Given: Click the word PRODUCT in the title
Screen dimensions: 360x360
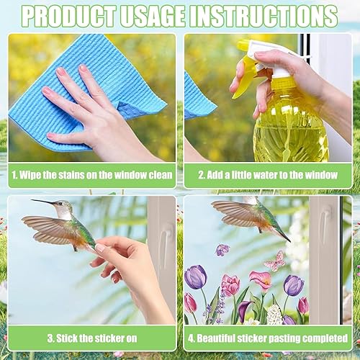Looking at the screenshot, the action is pyautogui.click(x=70, y=16).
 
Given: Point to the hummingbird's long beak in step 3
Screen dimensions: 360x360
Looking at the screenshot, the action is pyautogui.click(x=43, y=202).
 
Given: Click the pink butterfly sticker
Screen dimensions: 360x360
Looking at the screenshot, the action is pyautogui.click(x=275, y=261).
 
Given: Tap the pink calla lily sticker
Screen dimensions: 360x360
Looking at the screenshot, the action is pyautogui.click(x=261, y=281).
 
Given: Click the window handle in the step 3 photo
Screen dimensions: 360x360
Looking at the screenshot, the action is pyautogui.click(x=166, y=243).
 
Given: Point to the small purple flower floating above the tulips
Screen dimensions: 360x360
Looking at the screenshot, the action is pyautogui.click(x=222, y=250).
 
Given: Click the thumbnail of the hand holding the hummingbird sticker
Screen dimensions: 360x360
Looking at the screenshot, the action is pyautogui.click(x=92, y=261).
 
